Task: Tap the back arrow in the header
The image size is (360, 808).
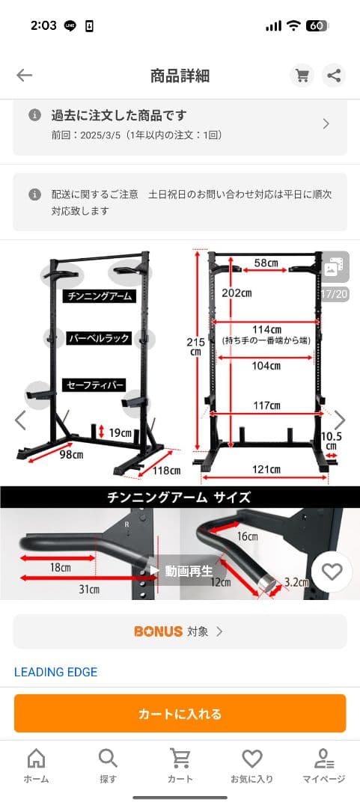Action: tap(25, 75)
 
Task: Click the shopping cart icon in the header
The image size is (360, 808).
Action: tap(302, 76)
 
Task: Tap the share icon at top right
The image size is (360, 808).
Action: tap(334, 76)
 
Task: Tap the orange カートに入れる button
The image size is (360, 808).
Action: tap(180, 714)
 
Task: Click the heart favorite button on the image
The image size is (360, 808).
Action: tap(332, 572)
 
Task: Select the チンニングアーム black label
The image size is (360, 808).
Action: tap(100, 296)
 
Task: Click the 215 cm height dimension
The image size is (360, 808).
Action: tap(195, 346)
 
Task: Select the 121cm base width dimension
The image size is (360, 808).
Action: tap(266, 470)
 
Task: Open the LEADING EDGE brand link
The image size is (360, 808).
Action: tap(56, 672)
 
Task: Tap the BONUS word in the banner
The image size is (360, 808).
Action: tap(158, 631)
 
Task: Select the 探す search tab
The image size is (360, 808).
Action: tap(108, 765)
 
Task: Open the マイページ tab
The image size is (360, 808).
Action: tap(324, 765)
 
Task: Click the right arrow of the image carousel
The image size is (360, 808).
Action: tap(340, 420)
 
